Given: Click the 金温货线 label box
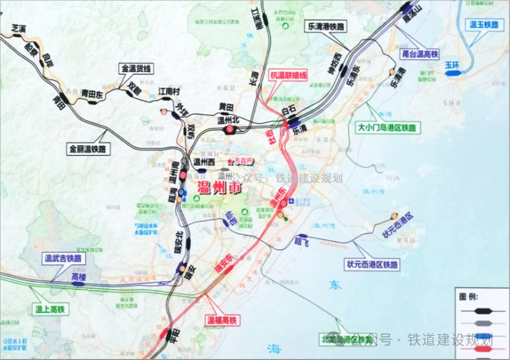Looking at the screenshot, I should pos(136,68).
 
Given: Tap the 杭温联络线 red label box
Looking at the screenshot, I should pos(289,75).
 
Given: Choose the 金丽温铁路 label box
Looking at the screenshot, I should pos(87,149).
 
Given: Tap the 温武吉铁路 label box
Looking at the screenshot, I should pos(63,258).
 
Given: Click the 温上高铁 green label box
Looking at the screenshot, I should pos(50,310).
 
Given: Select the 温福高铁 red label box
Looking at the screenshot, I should pos(221,320).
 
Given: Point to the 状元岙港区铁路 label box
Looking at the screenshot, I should pos(372,264).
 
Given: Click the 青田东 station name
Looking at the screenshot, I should pos(92,93).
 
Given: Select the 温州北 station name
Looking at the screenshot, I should pos(229,120).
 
